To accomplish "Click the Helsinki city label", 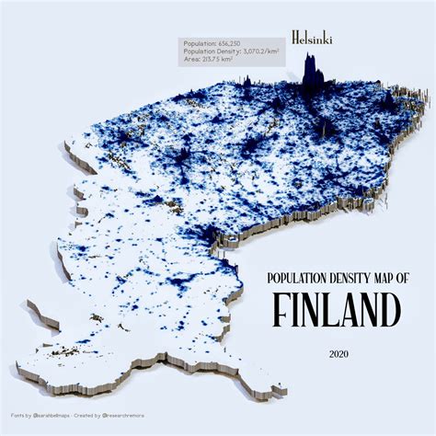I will point(312,38).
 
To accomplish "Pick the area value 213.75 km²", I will point(224,60).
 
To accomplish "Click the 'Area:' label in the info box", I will point(193,60).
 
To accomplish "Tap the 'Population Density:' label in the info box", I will point(208,52).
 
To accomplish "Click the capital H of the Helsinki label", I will point(294,38).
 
